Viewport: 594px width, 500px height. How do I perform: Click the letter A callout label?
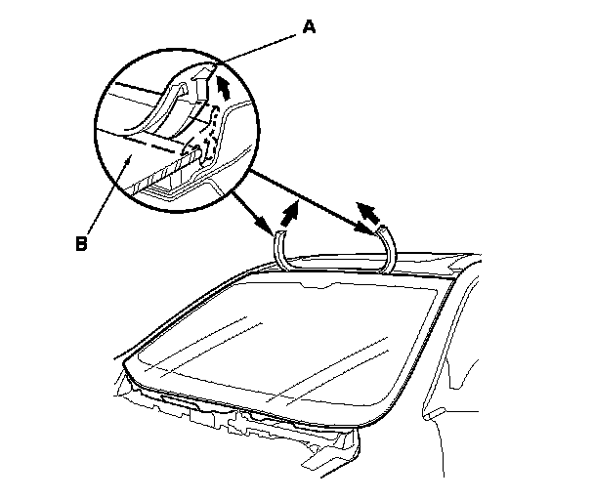tap(310, 26)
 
